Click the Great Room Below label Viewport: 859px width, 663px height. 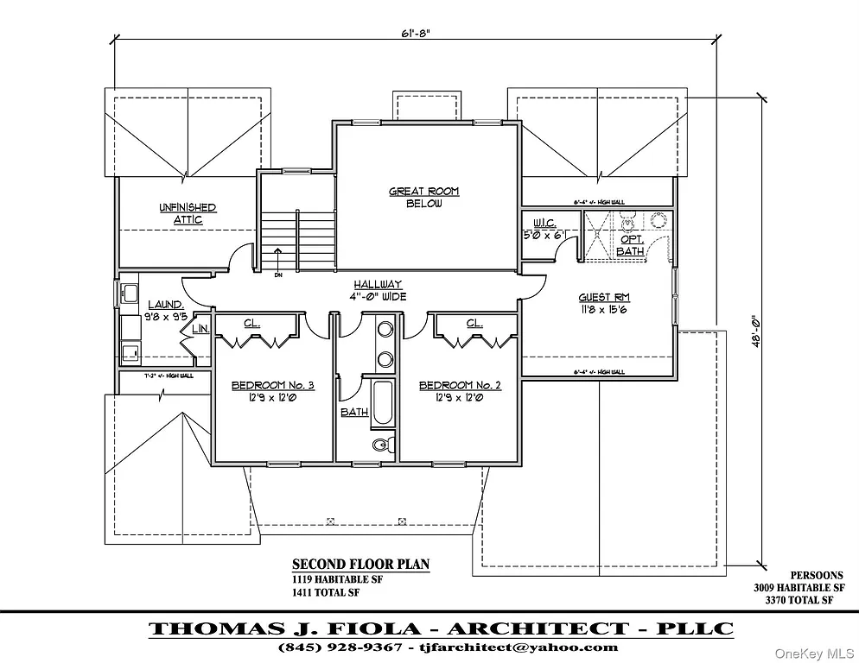(423, 198)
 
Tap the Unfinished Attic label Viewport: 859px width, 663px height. (188, 213)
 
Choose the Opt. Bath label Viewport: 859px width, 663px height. (631, 244)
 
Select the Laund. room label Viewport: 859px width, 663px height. (165, 310)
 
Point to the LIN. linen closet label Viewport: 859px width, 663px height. (200, 329)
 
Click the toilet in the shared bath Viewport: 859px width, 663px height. (381, 445)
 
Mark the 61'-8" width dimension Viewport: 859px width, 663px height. (415, 34)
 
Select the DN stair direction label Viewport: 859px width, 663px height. (278, 276)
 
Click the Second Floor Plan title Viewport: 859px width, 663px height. (360, 565)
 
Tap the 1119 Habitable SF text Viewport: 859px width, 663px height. (337, 579)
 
